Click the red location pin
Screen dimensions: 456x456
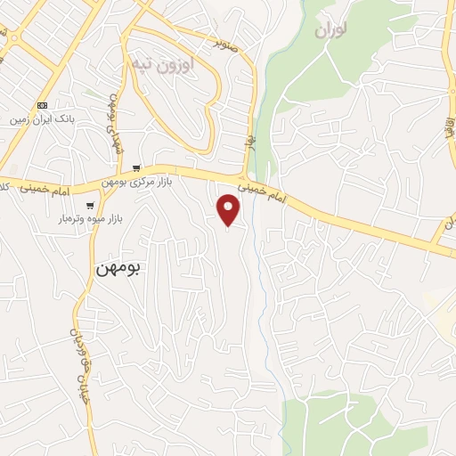[x=229, y=209]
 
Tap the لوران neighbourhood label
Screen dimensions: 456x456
[x=330, y=28]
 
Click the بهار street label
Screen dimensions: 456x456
[x=250, y=142]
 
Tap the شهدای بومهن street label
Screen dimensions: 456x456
[x=114, y=124]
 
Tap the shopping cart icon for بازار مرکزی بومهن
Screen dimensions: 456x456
[x=136, y=167]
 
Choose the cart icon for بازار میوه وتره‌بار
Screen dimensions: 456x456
[x=90, y=206]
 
